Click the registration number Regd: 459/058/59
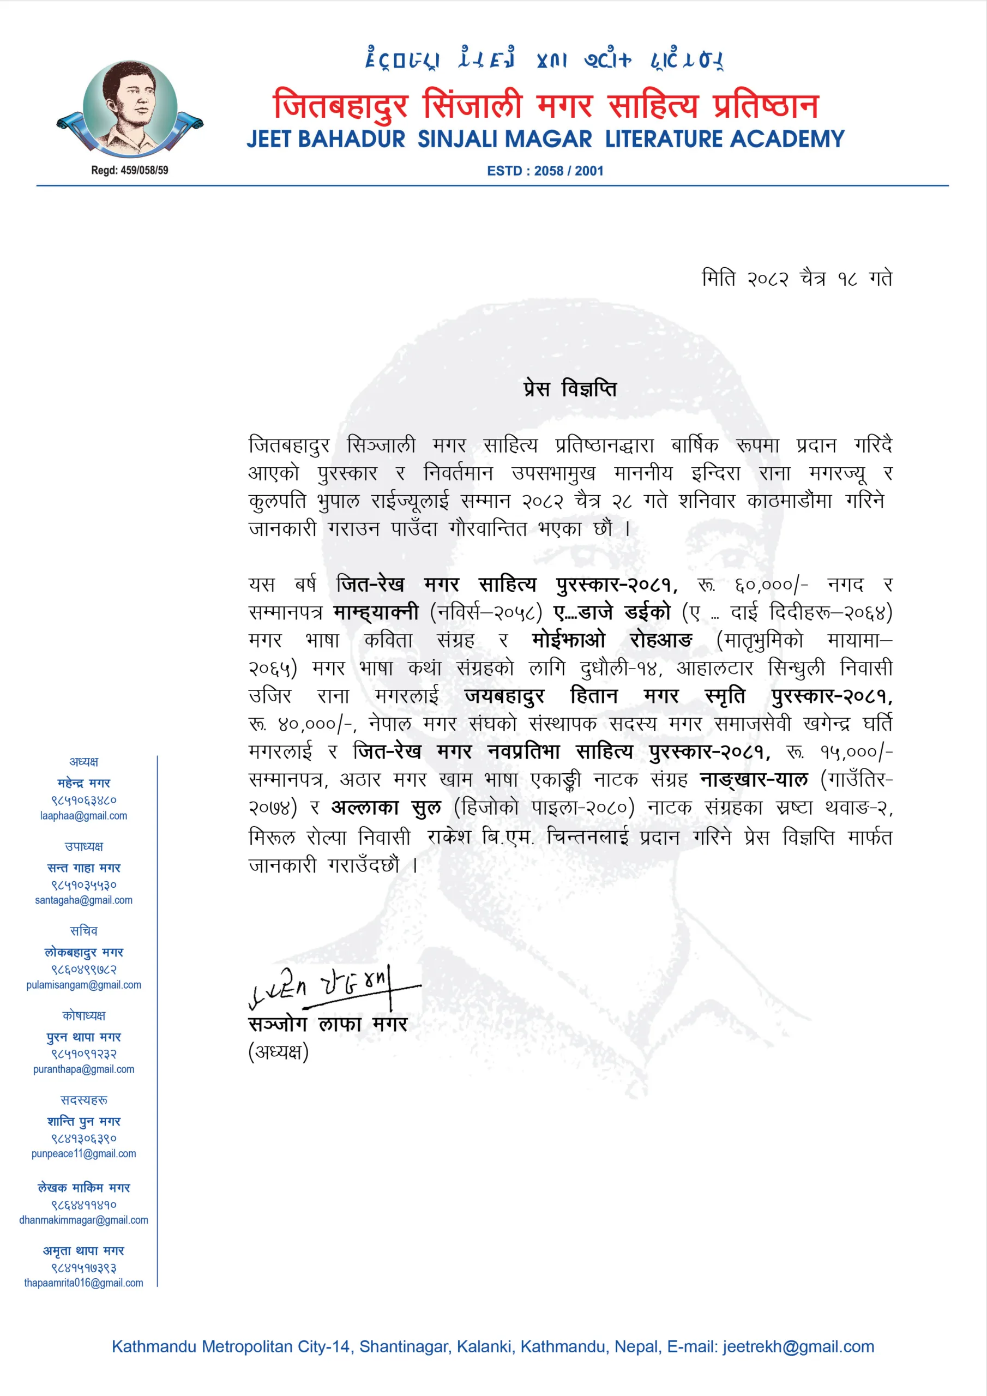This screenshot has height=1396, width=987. (x=130, y=170)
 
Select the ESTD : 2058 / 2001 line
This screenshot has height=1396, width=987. (x=545, y=171)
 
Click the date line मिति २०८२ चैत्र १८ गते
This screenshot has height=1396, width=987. (x=797, y=279)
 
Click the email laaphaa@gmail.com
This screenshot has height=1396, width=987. (x=84, y=815)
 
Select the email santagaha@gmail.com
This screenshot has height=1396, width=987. (x=84, y=900)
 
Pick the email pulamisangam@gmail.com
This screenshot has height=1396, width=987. (x=84, y=984)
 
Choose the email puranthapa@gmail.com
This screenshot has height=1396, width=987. (x=84, y=1069)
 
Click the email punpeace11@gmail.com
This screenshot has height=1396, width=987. (x=84, y=1153)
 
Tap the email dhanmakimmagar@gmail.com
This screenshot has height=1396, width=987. (x=84, y=1220)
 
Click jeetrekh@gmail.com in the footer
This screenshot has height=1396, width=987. (x=798, y=1346)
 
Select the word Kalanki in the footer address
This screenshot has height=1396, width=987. (x=484, y=1346)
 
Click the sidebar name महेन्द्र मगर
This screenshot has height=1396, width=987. (x=84, y=783)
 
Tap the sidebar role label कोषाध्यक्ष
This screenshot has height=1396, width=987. (x=84, y=1015)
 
